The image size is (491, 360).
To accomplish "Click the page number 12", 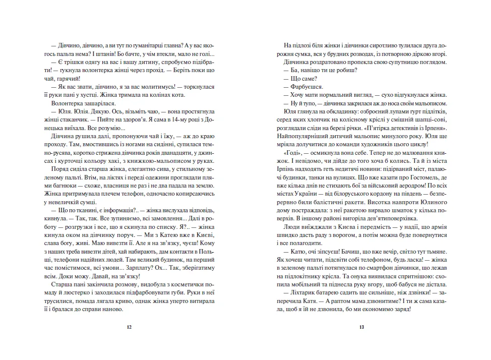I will pos(130,327).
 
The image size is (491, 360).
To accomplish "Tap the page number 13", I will pos(361,327).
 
